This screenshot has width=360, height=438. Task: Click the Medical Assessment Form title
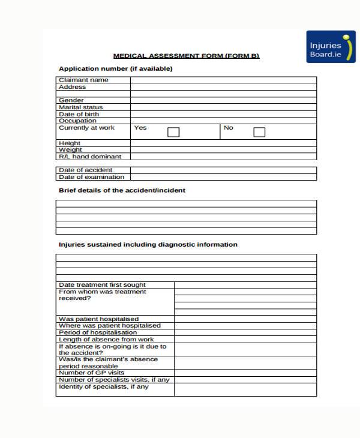(x=186, y=56)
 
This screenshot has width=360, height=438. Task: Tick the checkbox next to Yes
(x=173, y=132)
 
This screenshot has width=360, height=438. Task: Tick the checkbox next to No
(x=259, y=132)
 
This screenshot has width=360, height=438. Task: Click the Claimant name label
(x=83, y=80)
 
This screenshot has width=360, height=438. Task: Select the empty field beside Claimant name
(x=223, y=80)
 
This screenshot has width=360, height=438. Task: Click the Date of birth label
(x=79, y=114)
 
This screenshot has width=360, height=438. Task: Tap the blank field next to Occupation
(x=223, y=121)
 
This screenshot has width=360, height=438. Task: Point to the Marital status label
(x=81, y=107)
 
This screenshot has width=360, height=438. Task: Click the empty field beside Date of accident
(x=223, y=170)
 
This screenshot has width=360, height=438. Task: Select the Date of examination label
(x=91, y=177)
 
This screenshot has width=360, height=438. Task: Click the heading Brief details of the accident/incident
(x=122, y=190)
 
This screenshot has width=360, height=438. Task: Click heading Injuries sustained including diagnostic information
(x=148, y=245)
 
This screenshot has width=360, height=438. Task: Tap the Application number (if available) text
(x=115, y=68)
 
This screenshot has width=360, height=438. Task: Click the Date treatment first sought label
(x=102, y=285)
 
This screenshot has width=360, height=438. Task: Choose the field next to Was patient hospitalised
(x=245, y=319)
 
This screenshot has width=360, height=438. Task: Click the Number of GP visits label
(x=91, y=373)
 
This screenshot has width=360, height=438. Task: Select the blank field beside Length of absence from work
(x=245, y=340)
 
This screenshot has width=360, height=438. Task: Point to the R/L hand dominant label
(x=86, y=157)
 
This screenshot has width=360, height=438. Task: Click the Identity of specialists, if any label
(x=104, y=387)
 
